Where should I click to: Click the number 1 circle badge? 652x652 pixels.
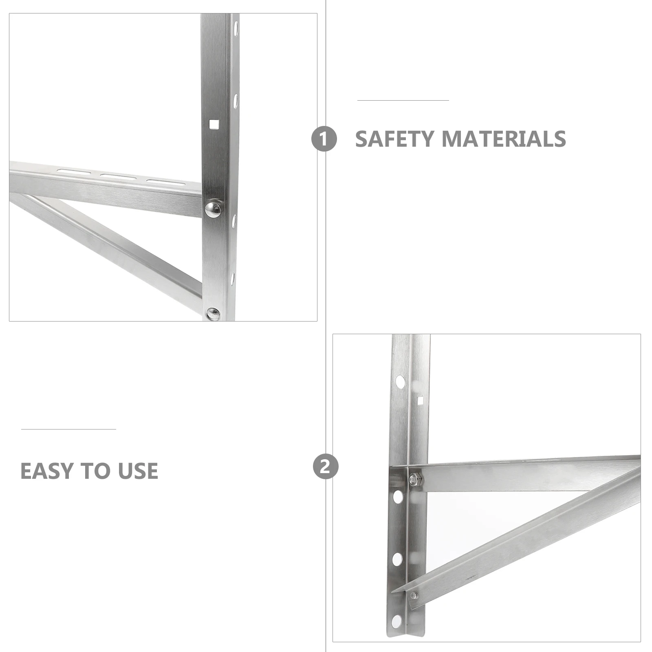(324, 139)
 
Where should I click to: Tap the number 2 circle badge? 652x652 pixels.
(326, 467)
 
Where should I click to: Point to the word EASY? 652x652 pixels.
(47, 471)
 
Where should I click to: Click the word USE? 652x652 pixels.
(138, 471)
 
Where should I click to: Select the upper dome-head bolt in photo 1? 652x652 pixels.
(213, 209)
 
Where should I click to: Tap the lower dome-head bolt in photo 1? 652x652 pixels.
(213, 314)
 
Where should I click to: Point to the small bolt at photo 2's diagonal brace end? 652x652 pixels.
(414, 595)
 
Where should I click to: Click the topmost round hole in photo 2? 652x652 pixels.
(401, 382)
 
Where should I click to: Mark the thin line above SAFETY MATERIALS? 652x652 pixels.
(403, 100)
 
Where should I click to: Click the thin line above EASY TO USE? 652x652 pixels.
(68, 429)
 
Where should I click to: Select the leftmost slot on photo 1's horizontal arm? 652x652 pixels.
(73, 171)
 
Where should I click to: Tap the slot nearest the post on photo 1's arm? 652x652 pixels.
(165, 182)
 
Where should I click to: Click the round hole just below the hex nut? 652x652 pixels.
(398, 497)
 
